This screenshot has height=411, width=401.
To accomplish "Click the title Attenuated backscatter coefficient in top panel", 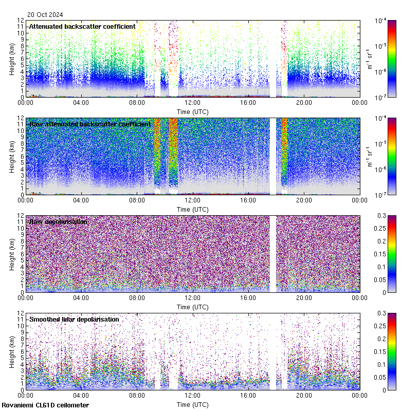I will click(x=82, y=26).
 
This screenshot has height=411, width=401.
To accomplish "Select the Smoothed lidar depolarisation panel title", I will click(x=74, y=319).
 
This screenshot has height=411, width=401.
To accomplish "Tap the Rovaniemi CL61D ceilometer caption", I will click(x=45, y=405).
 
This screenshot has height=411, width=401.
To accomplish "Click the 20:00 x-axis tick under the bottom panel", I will click(x=304, y=395).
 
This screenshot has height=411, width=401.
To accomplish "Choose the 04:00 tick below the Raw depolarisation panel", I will click(x=81, y=297).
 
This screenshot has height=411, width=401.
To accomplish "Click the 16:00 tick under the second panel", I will click(x=248, y=200).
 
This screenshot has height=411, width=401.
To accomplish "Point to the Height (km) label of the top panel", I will click(x=12, y=59).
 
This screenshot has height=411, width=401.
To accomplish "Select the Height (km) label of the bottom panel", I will click(x=12, y=352).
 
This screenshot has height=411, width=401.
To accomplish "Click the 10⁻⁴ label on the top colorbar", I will click(x=382, y=21).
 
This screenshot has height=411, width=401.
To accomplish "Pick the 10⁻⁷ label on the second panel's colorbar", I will click(x=382, y=195).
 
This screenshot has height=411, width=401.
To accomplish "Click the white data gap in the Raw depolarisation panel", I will click(x=273, y=254).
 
